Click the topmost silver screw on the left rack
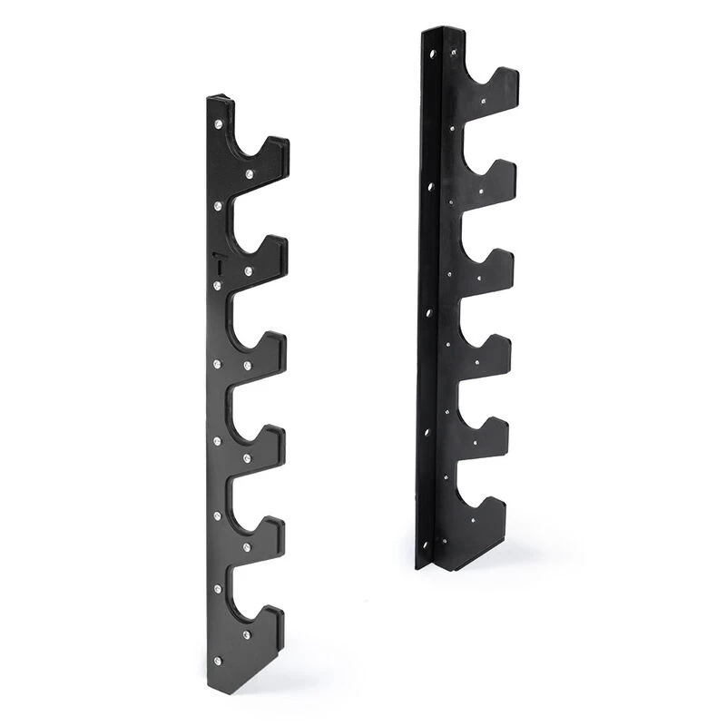click(x=218, y=123)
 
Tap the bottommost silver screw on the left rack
click(x=217, y=660)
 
